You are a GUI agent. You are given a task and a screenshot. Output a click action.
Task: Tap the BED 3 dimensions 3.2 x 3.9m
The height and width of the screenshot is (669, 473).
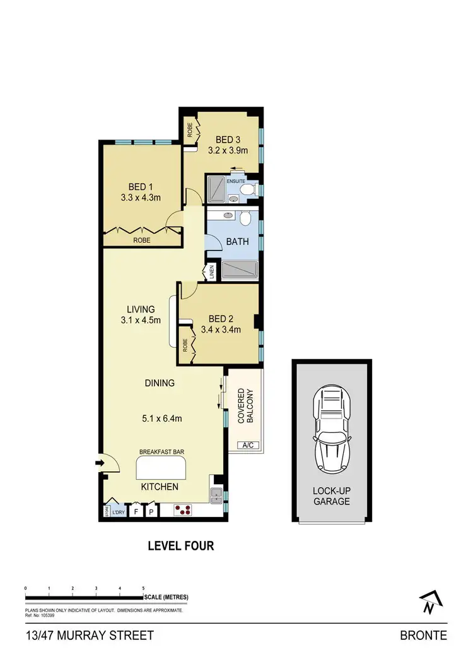228,151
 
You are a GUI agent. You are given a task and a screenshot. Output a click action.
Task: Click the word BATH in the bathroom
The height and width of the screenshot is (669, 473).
238,241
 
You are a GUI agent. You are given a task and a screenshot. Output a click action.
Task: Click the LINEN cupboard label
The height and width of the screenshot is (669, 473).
211,273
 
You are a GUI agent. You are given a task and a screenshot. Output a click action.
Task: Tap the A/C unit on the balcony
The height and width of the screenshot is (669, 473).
248,445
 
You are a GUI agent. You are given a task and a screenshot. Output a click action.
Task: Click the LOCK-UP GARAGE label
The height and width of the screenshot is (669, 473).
332,496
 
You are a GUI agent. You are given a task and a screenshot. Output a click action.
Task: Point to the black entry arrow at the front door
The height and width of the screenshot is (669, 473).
98,463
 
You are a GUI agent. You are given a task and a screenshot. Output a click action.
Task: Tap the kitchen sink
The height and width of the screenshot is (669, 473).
216,495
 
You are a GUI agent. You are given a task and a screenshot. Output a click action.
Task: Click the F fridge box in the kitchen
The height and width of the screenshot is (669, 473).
136,512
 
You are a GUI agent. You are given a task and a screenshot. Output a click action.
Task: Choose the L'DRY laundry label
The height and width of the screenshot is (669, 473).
118,512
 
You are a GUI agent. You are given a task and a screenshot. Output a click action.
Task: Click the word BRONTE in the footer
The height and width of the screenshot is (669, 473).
423,636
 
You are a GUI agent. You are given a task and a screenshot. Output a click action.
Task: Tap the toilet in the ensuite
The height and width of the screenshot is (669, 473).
248,188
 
